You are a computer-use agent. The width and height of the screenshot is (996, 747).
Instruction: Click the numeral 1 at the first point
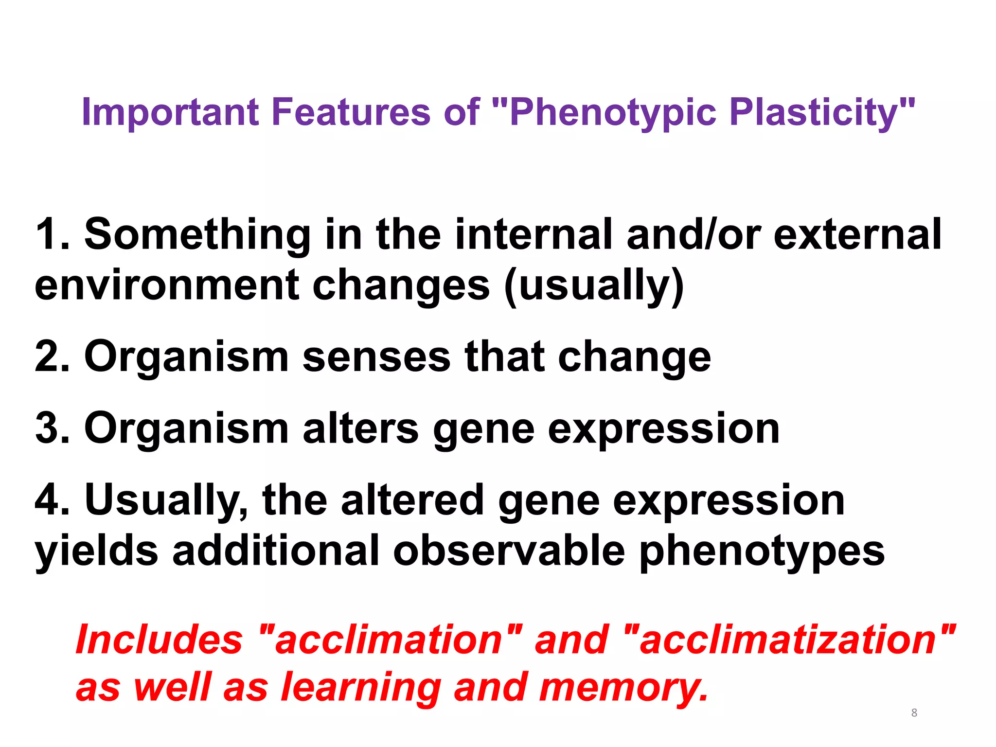[x=49, y=234]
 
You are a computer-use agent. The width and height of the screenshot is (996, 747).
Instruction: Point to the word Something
[x=197, y=234]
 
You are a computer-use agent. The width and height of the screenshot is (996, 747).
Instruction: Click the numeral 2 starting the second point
[x=49, y=356]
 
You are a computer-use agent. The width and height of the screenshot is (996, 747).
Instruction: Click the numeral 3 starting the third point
[x=49, y=428]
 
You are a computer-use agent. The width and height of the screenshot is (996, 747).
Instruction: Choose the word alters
[x=360, y=428]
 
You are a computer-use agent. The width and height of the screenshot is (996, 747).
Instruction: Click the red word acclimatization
[x=788, y=640]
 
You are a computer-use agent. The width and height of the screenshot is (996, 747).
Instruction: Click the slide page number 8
[x=914, y=713]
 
